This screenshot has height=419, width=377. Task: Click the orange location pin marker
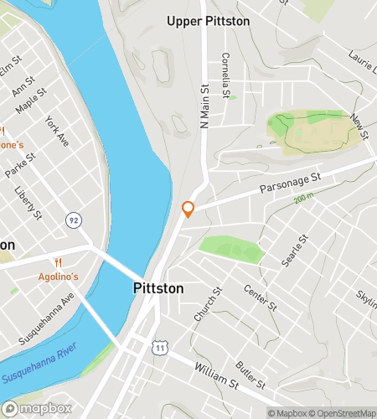pos(188,209)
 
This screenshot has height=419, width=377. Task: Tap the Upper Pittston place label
pos(208,21)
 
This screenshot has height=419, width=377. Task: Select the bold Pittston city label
pos(158,288)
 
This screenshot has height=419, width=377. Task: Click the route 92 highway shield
pos(74,220)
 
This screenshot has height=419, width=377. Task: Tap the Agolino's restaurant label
pos(59,277)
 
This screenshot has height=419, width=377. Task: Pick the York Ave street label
pos(57,132)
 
